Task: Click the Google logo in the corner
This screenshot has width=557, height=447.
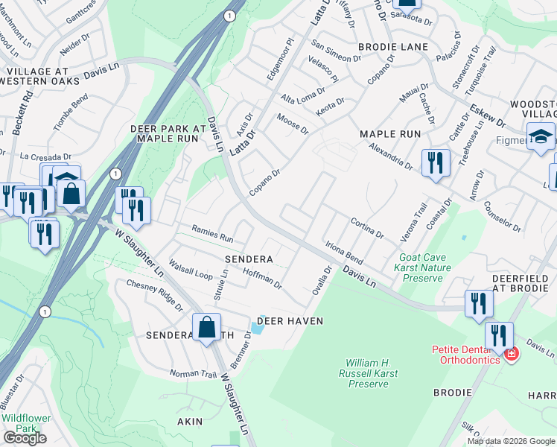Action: click(x=25, y=438)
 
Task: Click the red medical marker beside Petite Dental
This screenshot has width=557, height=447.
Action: click(x=511, y=352)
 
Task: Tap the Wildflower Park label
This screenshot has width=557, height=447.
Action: click(x=26, y=423)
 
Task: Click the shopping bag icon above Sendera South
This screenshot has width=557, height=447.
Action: click(x=206, y=326)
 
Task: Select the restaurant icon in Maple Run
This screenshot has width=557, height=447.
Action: click(x=436, y=162)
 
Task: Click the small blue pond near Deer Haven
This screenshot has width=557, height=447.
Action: click(x=258, y=327)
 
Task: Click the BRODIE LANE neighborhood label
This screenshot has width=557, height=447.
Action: click(x=393, y=47)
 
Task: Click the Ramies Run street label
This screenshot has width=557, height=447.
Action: click(x=213, y=235)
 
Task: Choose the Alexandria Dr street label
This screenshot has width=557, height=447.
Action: click(x=391, y=156)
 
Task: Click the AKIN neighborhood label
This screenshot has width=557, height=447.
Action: click(x=189, y=422)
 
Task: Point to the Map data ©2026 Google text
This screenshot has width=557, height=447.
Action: click(x=510, y=441)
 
